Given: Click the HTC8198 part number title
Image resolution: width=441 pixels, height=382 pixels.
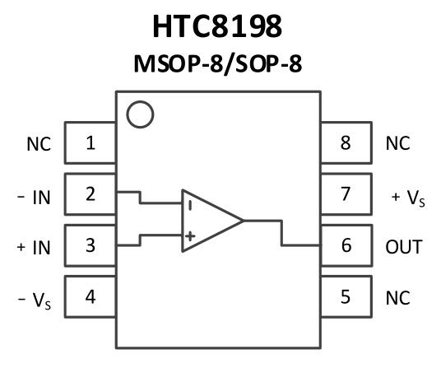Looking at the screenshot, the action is coord(217,26).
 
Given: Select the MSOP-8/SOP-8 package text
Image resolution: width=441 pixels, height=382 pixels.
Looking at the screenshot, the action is coord(218,64).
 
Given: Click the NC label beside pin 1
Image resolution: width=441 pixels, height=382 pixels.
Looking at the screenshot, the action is coord(39,144).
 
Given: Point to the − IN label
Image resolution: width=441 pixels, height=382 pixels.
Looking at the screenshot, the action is coord(34,198).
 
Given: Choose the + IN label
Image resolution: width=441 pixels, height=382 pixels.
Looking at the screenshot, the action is coord(34,248).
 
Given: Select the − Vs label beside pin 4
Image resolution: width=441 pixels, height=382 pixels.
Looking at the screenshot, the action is coord(35,300).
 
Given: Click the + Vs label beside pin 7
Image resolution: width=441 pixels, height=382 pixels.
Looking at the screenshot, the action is coord(408,198).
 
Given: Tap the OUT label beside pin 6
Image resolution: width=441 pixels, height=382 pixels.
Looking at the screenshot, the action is coord(404,247).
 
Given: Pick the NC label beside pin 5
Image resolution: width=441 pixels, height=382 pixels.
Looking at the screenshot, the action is coord(397,298).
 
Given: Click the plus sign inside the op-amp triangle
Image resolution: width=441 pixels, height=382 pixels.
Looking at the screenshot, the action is coord(190,236).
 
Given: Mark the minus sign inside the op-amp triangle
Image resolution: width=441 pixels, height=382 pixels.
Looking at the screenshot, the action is coord(190,206).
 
